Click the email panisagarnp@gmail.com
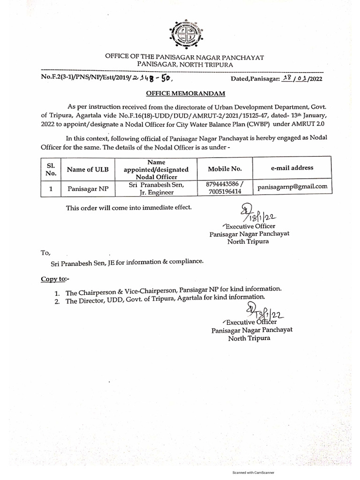tap(292, 187)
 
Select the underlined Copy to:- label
tap(55, 279)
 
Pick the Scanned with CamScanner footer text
tap(254, 472)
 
